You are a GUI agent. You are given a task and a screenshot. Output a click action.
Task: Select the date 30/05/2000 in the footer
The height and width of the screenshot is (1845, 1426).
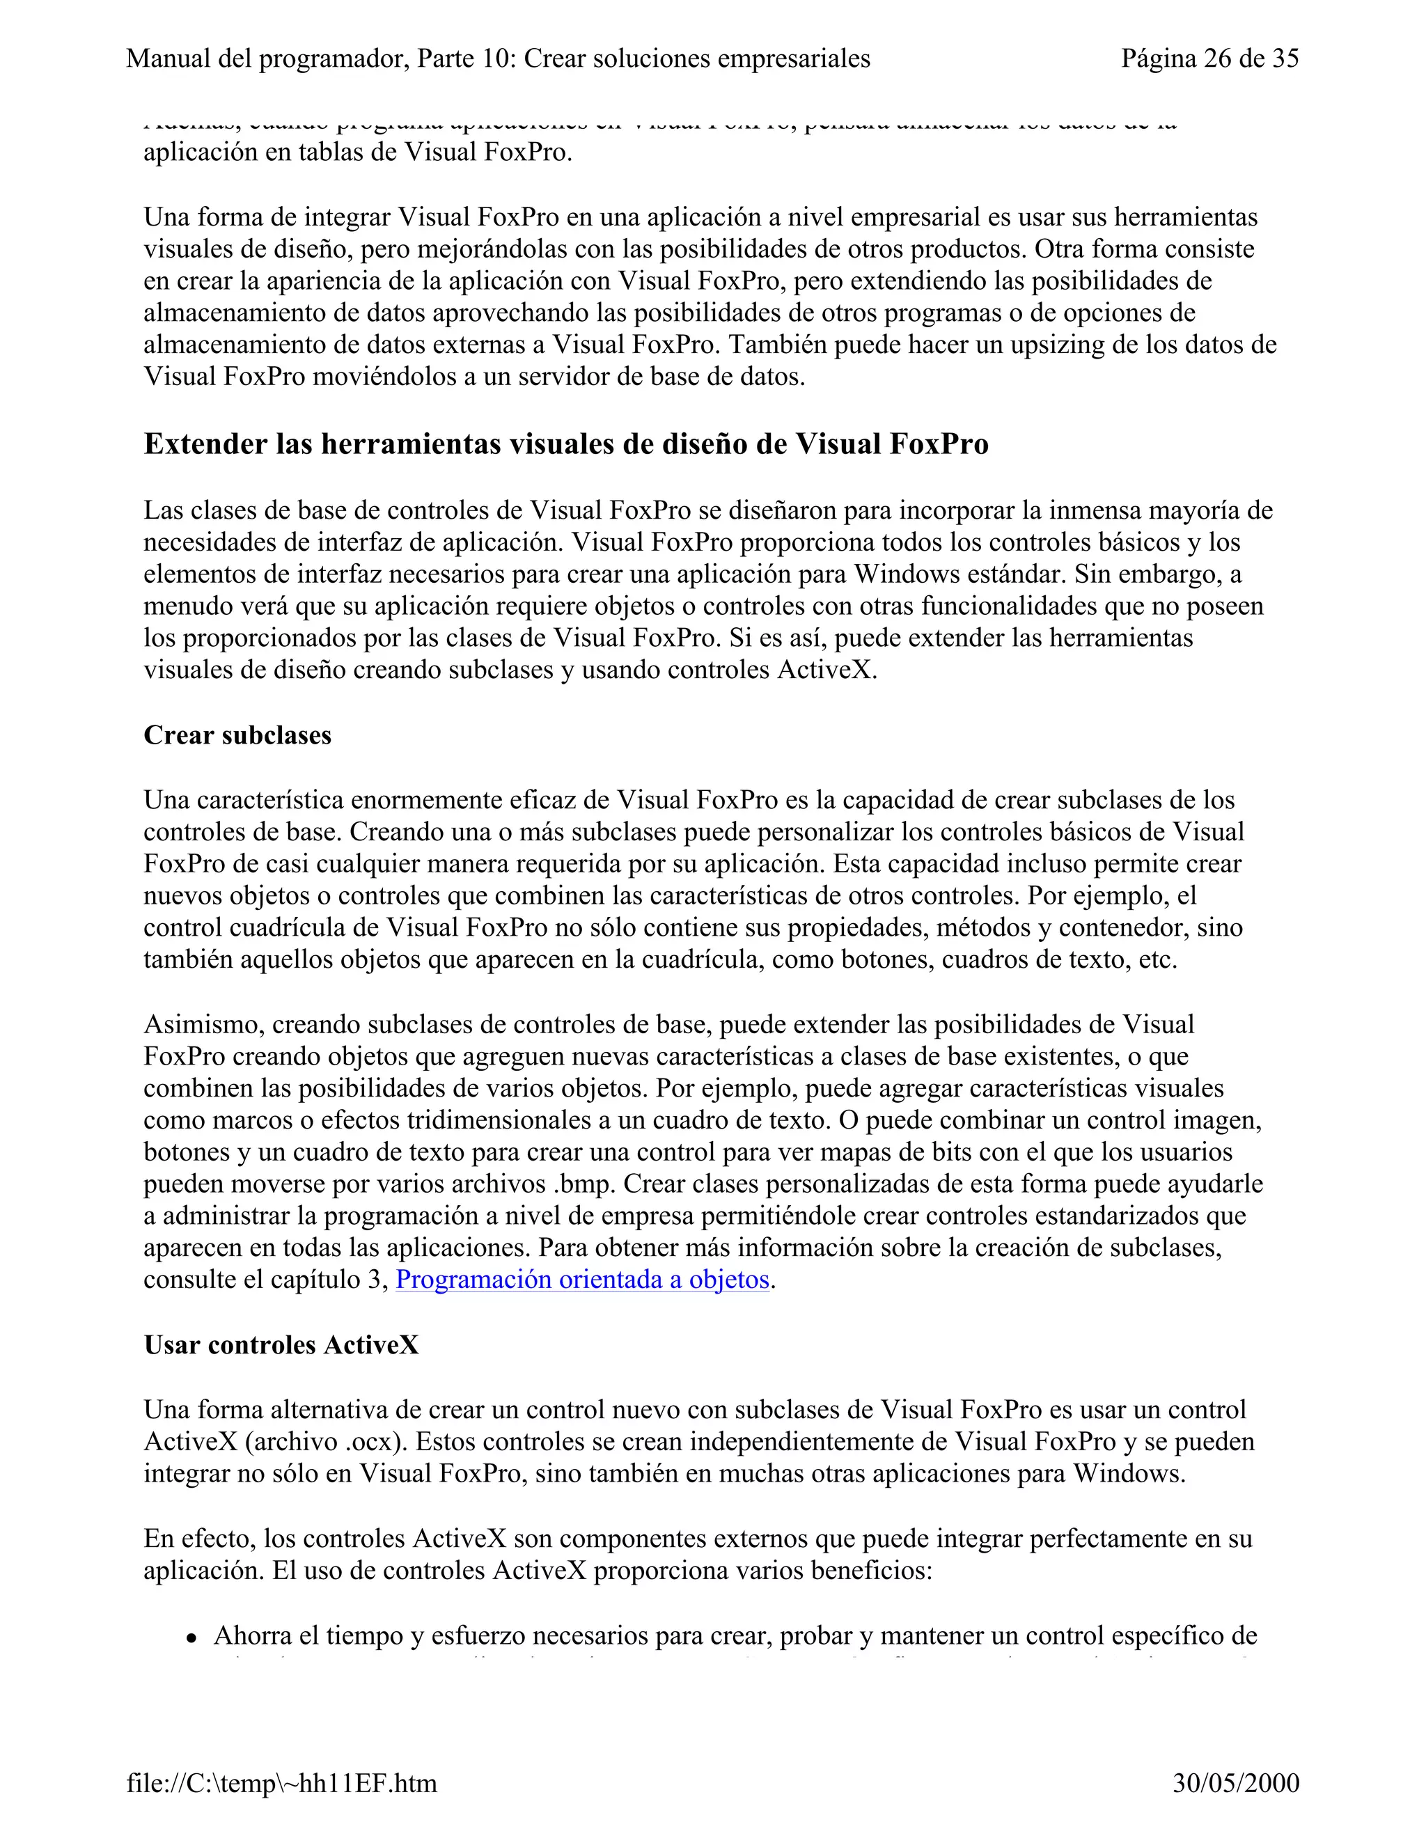[1235, 1783]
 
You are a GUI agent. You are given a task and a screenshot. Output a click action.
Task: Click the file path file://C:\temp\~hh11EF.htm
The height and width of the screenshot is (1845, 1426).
[281, 1783]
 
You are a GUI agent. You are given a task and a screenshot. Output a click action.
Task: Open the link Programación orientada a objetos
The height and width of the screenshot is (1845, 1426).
[582, 1280]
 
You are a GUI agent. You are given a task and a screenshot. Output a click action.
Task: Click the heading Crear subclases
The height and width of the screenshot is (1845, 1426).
[237, 735]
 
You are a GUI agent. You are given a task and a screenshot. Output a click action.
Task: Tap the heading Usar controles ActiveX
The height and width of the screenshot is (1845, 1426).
[281, 1345]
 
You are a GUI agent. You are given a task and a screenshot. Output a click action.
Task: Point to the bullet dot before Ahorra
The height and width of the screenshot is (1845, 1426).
[193, 1638]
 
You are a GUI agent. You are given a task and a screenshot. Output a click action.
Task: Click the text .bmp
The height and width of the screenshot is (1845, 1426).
[583, 1184]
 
